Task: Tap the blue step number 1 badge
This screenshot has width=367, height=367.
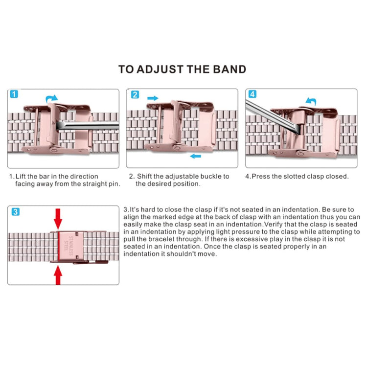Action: coord(14,94)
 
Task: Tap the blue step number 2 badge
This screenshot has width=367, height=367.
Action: coord(135,94)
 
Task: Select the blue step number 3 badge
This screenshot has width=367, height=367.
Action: coord(15,212)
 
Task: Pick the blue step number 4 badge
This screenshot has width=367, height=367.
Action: coord(253,94)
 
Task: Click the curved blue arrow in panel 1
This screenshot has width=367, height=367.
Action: coord(52,99)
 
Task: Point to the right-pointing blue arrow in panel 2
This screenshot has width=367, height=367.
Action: coord(153,98)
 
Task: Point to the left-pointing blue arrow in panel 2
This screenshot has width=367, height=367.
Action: coord(196,157)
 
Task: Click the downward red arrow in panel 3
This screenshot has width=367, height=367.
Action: coord(58,218)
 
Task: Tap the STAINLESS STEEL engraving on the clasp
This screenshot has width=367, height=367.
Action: coord(69,247)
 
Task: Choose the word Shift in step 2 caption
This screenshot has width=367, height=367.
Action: coord(144,176)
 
